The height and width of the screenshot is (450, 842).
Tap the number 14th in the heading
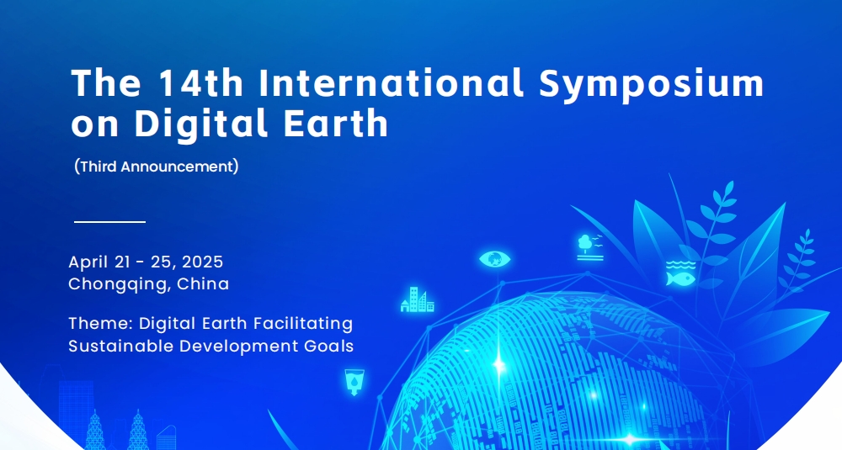point(201,82)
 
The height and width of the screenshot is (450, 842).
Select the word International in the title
point(391,82)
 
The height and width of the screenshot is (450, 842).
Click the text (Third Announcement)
point(157,167)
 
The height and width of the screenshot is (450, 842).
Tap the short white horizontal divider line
point(109,221)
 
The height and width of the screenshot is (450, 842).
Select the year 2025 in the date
point(202,262)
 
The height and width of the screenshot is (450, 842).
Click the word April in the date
point(88,262)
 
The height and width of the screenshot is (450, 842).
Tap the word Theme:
point(101,324)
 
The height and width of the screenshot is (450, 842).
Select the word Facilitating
point(303,325)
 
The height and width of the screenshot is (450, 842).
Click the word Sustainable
point(121,346)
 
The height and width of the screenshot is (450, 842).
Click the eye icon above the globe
point(494,259)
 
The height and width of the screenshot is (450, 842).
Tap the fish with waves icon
point(680,273)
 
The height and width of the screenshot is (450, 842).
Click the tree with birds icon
point(590,247)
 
